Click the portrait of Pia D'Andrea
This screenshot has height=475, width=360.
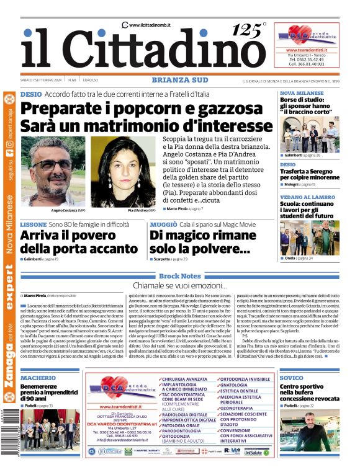tap(124, 171)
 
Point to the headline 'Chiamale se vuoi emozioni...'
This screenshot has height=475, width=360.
tap(179, 285)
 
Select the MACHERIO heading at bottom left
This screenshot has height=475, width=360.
tap(38, 377)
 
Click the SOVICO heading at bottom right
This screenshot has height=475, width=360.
tap(292, 377)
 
